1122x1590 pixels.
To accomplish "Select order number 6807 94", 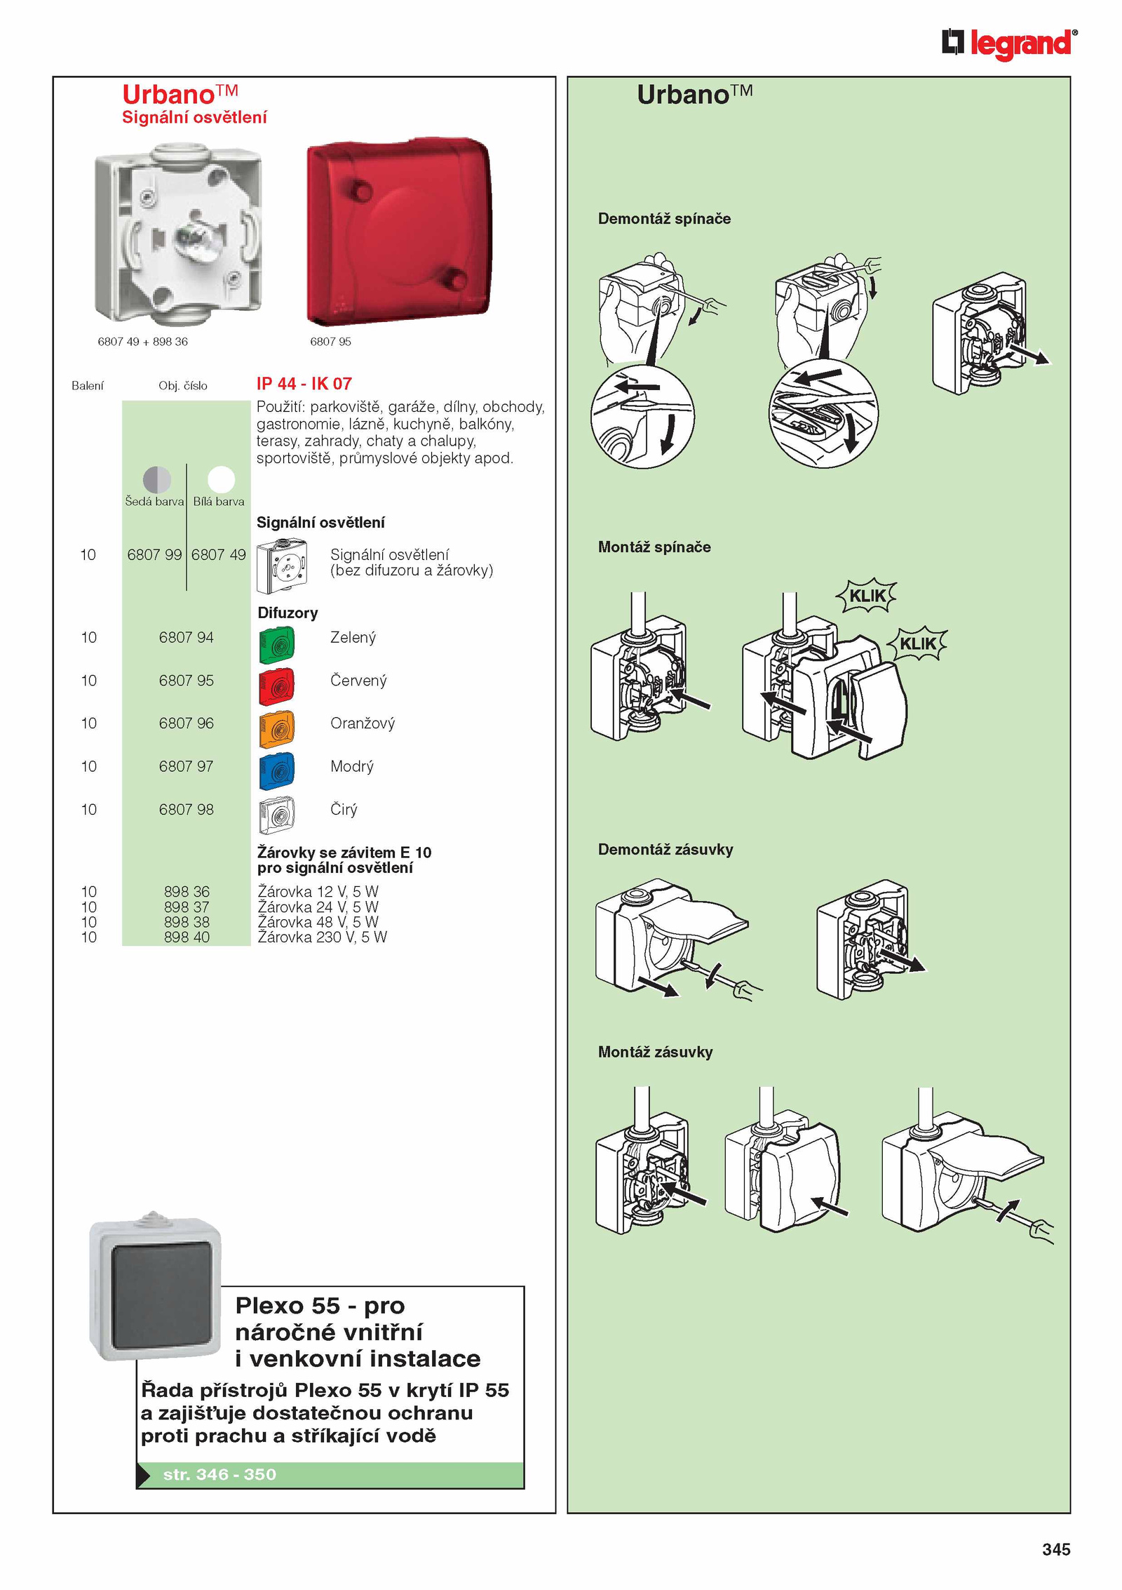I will pos(186,637).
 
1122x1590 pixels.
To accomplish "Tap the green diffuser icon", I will pos(276,645).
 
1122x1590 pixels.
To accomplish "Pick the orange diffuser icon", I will pos(276,729).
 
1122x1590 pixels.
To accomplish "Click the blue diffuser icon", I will pos(276,772).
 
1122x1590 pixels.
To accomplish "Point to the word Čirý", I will pos(344,809).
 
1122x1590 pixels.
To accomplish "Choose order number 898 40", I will pos(187,937).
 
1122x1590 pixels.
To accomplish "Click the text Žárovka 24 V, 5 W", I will pos(318,907).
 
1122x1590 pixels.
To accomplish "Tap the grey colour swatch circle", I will pos(156,479).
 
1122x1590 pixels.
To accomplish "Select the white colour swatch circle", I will pos(221,479).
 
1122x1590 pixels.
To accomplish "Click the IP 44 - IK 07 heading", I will pos(304,383).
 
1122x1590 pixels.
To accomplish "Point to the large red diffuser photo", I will pos(399,232).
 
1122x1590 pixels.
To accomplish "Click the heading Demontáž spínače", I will pos(664,218).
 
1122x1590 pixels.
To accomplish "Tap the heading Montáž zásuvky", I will pos(655,1052).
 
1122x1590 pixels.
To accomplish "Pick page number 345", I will pos(1055,1549).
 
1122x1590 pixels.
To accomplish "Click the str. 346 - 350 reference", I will pos(219,1474).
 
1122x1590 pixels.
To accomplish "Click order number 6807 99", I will pos(154,554).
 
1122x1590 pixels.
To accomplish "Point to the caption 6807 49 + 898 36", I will pos(142,342).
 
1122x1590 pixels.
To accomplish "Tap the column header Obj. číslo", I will pos(182,385).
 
